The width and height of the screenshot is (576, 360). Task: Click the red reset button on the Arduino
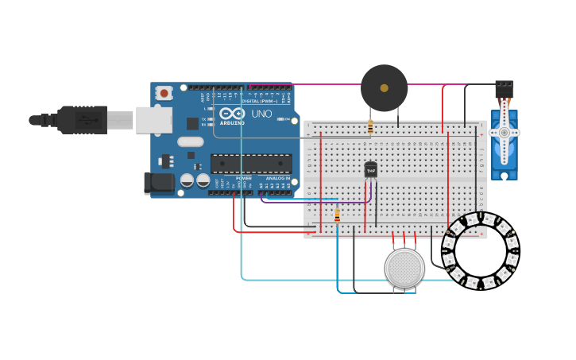pos(164,93)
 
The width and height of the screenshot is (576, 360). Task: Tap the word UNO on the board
pos(261,114)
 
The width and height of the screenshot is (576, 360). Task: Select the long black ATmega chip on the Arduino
pos(251,164)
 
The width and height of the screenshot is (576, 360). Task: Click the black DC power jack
pos(159,183)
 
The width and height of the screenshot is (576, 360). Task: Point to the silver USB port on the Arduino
pos(153,120)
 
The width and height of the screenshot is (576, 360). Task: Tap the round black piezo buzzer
pos(385,87)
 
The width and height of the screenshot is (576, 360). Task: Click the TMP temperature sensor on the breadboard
pos(371,169)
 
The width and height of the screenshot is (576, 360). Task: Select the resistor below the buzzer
pos(370,126)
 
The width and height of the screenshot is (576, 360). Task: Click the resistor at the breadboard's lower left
pos(337,215)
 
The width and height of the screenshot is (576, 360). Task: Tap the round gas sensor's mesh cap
pos(404,268)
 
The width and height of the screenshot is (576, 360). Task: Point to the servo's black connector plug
pos(504,87)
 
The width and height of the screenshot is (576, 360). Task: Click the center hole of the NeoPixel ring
pos(480,250)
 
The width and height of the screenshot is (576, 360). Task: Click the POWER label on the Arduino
pos(244,178)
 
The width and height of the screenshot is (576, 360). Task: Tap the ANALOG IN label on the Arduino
pos(277,178)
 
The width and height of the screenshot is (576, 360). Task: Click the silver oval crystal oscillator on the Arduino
pos(190,141)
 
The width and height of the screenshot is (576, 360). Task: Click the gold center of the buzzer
pos(385,87)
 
